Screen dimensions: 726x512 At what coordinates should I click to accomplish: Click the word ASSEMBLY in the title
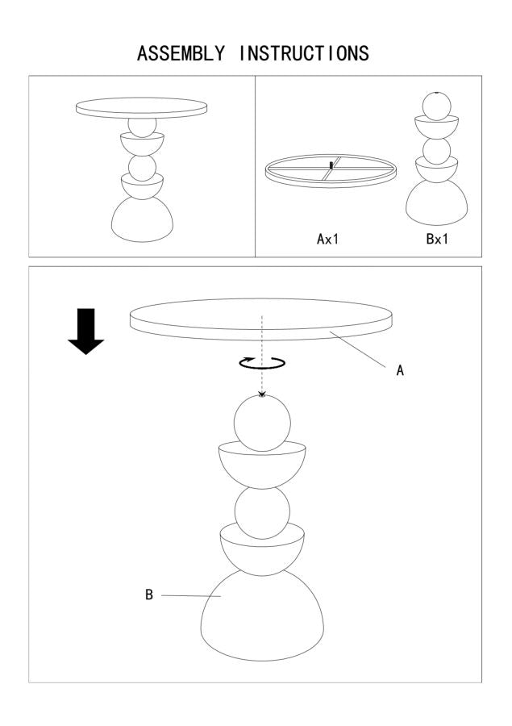point(181,54)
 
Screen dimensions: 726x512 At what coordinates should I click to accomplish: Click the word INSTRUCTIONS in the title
point(304,54)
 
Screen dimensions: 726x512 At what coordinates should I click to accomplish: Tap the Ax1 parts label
point(329,240)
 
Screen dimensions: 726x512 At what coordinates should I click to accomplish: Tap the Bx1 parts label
point(436,240)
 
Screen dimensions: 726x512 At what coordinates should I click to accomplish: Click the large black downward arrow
point(85,332)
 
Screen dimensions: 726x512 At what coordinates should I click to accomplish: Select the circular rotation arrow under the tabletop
point(262,363)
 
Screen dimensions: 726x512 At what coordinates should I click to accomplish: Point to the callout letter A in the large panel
point(399,371)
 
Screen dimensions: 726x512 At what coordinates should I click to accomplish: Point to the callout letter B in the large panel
point(149,595)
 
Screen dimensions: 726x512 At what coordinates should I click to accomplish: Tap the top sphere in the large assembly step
point(261,424)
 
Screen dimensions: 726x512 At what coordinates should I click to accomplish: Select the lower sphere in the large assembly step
point(262,512)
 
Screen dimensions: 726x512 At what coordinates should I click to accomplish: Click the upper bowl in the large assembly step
point(262,465)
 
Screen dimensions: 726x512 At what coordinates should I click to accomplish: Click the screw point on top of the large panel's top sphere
point(262,395)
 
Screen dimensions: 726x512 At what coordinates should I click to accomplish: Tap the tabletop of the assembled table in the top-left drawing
point(141,107)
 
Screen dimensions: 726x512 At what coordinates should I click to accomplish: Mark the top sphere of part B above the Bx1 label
point(436,106)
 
